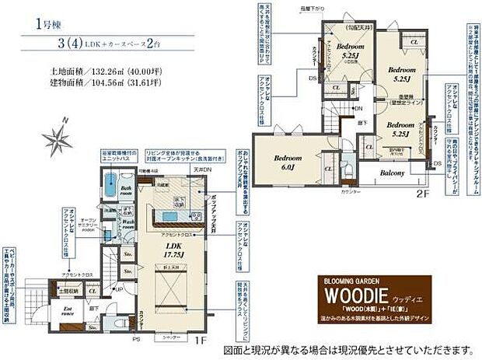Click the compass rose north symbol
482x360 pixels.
click(57, 141)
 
